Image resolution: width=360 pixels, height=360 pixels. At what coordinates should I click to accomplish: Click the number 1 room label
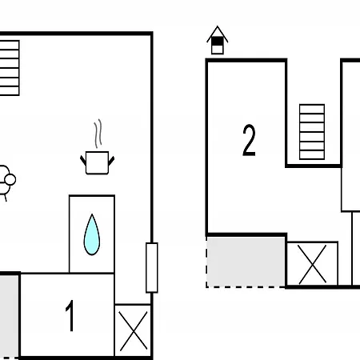(x=70, y=316)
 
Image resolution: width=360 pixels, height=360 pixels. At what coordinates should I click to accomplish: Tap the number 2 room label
(x=249, y=140)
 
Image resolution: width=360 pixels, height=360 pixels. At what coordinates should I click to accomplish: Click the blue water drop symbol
(x=92, y=234)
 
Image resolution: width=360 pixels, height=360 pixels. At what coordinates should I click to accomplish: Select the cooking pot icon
(x=97, y=162)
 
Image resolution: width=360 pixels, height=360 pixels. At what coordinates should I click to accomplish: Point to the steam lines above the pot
(x=98, y=134)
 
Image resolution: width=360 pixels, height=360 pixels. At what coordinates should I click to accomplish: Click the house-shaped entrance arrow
(x=218, y=40)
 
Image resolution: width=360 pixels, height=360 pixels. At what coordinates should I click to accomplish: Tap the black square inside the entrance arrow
(x=218, y=42)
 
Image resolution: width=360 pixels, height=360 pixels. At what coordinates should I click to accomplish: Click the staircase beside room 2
(x=312, y=132)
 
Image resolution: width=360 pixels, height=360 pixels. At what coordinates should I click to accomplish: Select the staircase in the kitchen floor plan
(x=10, y=68)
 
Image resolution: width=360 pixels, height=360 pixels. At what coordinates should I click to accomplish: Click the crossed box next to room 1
(x=133, y=330)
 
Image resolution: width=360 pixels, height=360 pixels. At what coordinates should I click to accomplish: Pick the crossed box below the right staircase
(x=312, y=264)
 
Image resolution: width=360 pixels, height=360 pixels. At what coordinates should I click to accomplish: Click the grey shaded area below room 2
(x=246, y=262)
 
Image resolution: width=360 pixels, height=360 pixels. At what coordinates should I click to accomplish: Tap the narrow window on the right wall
(x=152, y=267)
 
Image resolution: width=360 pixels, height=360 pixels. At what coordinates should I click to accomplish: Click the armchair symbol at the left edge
(x=6, y=182)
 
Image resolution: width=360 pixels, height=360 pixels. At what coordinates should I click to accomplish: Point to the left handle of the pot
(x=83, y=160)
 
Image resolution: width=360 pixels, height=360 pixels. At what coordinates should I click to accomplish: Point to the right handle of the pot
(x=111, y=161)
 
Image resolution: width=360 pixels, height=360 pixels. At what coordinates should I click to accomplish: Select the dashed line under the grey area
(x=246, y=287)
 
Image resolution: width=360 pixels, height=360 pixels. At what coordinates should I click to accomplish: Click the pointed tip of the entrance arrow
(x=218, y=26)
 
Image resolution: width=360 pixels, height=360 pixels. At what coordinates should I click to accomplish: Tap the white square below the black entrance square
(x=218, y=50)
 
